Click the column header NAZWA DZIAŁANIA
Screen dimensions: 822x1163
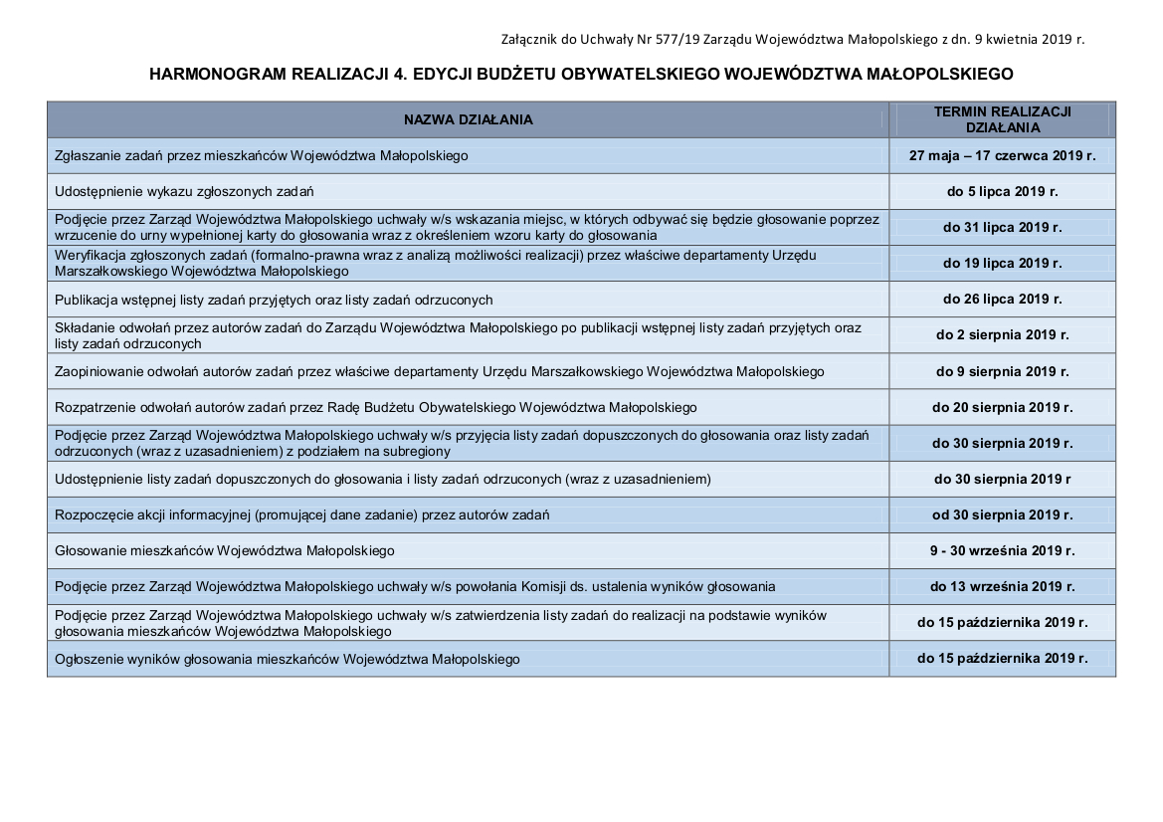pos(468,120)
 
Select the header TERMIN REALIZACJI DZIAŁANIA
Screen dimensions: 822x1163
pos(1002,120)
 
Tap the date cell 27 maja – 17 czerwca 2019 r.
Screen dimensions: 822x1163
pos(1002,156)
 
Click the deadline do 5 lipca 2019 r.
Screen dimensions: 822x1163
pos(1002,191)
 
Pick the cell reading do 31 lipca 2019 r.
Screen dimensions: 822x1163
pos(1002,228)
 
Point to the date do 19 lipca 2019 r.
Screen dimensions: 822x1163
pos(1002,264)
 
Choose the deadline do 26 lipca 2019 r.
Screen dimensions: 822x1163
pos(1002,300)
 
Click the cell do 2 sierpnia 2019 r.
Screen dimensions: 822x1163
pos(1002,335)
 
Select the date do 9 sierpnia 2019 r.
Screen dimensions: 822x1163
pos(1002,372)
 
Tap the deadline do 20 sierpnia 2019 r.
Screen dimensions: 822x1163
pos(1002,408)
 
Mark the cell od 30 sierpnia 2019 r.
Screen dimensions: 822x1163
pos(1002,515)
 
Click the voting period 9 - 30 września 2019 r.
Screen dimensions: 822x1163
pos(1002,551)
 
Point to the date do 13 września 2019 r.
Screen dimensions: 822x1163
pos(1002,587)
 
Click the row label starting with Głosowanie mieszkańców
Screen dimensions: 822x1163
pos(225,551)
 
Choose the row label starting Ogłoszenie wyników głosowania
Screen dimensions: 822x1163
pos(287,659)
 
